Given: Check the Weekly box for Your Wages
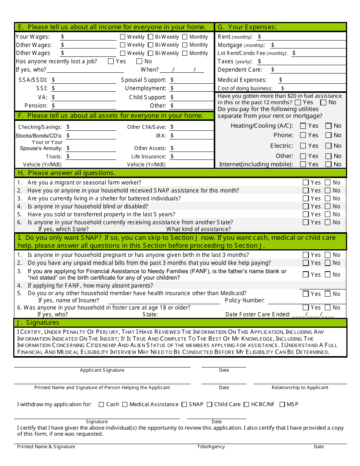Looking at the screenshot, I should coord(123,37).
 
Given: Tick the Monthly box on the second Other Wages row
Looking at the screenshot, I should coord(185,53).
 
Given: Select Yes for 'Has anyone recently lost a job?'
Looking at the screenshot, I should coord(111,61).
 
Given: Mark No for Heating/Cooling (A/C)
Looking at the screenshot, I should coord(329,126).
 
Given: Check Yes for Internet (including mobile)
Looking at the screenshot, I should coord(303,164).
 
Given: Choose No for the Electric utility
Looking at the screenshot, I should coord(329,145).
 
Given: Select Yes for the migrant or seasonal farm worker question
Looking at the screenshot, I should coord(306,182).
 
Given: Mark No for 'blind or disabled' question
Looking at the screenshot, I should coord(328,206).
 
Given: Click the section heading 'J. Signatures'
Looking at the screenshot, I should coord(38,323).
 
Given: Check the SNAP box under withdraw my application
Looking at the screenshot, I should coord(184,404).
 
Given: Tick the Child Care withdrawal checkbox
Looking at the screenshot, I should coord(210,404).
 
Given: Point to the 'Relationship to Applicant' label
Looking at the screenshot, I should coord(300,388).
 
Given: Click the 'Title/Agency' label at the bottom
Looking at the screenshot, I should coord(211,447).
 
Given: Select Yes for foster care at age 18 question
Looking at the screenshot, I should coord(306,307).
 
